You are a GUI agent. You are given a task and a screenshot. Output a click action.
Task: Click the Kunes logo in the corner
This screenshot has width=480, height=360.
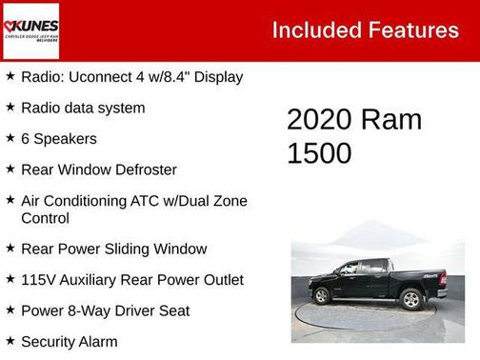tap(30, 30)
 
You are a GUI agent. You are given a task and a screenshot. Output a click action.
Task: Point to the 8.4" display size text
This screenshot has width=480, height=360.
tap(187, 77)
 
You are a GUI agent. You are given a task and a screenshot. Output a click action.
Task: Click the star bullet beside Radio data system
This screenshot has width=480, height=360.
tap(10, 108)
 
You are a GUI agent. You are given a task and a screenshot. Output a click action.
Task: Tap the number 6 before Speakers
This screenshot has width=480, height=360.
tap(26, 139)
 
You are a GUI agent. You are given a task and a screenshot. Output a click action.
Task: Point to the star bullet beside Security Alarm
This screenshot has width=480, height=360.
tap(10, 341)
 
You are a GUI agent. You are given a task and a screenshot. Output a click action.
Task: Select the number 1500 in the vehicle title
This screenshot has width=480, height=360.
tap(319, 153)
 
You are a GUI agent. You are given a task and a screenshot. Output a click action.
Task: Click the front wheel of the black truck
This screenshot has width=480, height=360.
tap(322, 296)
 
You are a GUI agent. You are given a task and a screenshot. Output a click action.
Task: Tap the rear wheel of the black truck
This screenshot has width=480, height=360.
tap(411, 299)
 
